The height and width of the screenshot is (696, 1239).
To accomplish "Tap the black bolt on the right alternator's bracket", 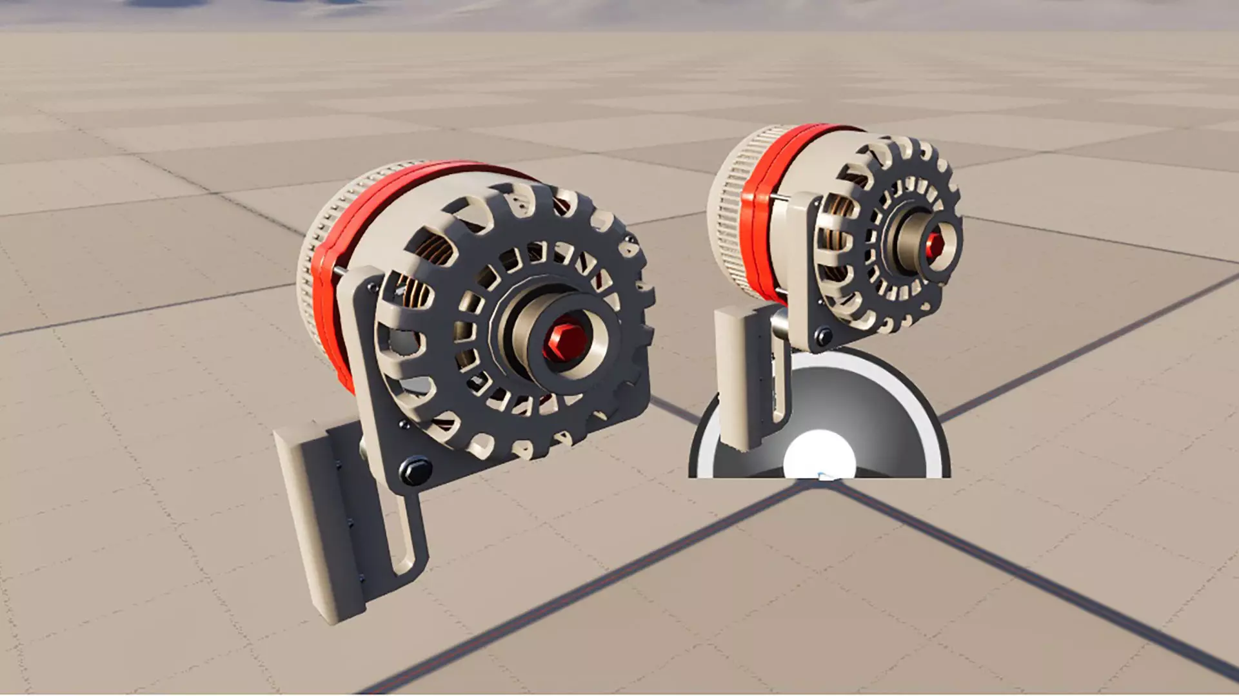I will (823, 336).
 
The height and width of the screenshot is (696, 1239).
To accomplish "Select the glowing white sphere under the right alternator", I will (819, 454).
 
